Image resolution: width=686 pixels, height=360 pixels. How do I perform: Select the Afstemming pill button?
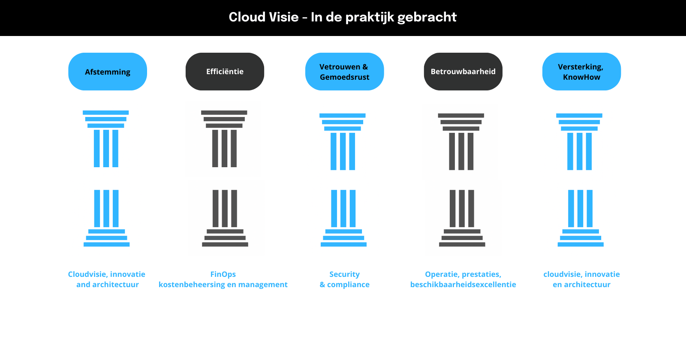108,72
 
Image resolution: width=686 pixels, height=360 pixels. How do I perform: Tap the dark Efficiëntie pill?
225,72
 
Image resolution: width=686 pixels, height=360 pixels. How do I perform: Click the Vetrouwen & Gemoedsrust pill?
344,72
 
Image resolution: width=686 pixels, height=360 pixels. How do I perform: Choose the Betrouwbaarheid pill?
463,72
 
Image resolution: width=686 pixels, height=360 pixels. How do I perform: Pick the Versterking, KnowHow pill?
581,72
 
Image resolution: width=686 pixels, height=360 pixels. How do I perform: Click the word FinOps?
223,274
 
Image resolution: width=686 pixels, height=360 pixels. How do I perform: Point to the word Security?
344,274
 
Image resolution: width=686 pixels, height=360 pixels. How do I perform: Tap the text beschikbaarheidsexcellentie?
463,285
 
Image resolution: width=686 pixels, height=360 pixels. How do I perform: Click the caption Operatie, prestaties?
463,274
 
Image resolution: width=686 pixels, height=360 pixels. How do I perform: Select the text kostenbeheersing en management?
223,285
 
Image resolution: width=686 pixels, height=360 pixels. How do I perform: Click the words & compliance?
344,285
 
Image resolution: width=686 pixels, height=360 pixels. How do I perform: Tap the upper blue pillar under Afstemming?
106,139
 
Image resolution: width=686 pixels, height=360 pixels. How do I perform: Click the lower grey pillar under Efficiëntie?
225,218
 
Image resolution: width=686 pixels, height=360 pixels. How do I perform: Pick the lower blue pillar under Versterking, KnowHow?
581,218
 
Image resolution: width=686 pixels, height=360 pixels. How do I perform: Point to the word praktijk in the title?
369,17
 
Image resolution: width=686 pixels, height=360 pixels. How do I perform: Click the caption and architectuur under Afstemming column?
108,285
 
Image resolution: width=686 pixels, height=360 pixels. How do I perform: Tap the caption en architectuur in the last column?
581,285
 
